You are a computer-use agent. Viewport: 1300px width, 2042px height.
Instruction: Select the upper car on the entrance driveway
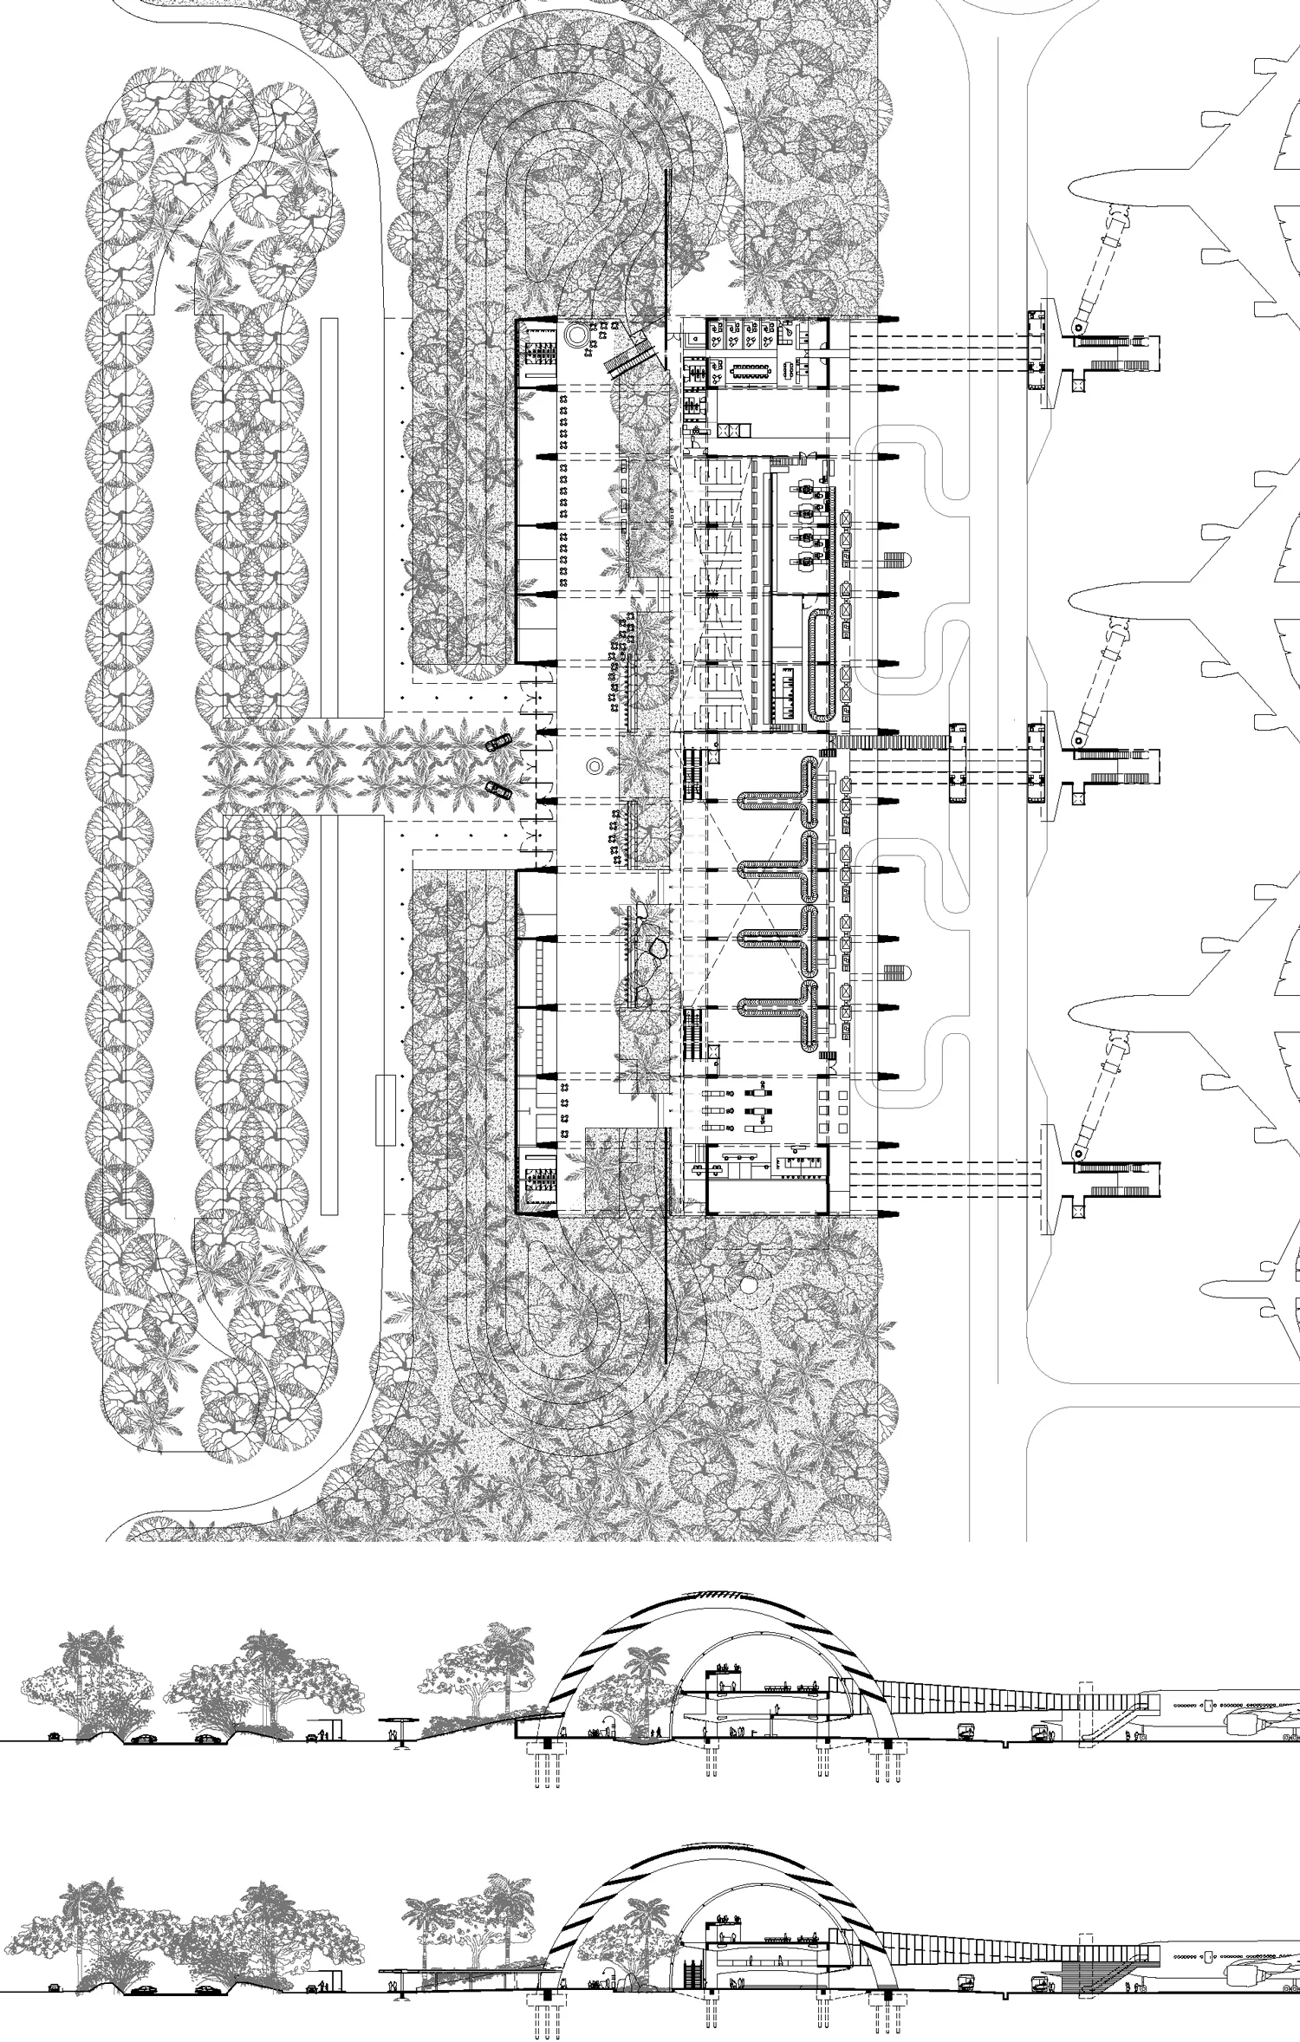pos(497,743)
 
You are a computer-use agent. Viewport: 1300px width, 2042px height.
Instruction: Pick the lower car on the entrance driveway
pos(497,788)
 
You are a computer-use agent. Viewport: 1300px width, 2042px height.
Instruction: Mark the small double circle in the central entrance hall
pos(595,765)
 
